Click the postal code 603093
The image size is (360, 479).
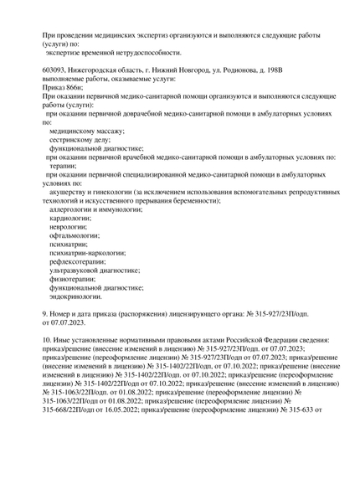point(56,69)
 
